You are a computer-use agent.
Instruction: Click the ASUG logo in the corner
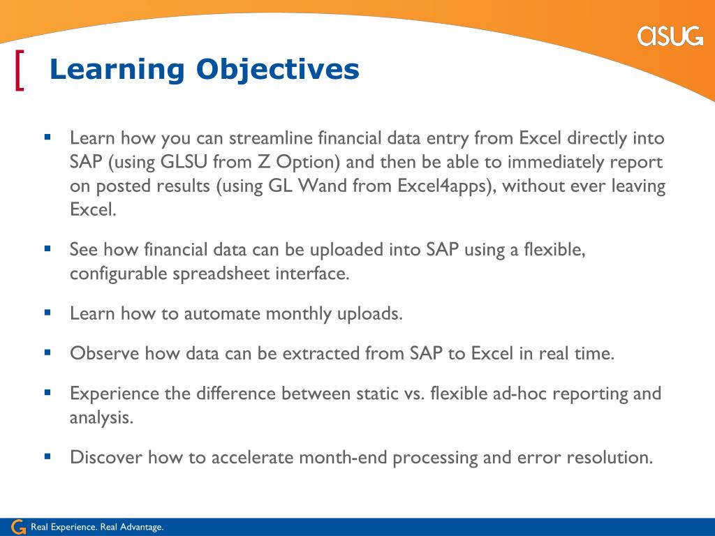tap(670, 36)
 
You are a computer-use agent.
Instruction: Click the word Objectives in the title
tap(278, 70)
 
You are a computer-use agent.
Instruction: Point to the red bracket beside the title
tap(20, 70)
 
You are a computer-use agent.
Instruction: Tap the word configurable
tap(119, 274)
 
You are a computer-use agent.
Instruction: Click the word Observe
tap(105, 353)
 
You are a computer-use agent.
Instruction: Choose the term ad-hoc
tap(519, 394)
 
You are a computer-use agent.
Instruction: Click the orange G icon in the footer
tap(17, 527)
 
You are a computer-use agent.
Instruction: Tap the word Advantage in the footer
tap(141, 528)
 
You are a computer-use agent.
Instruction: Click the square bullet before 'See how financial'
tap(47, 248)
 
